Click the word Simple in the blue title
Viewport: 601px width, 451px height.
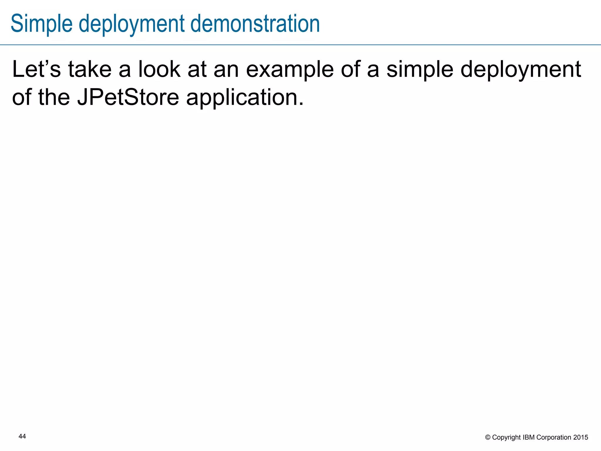[x=41, y=24]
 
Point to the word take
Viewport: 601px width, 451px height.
[x=90, y=69]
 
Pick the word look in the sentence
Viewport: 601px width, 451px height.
[x=159, y=69]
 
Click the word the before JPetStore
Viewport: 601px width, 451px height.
[x=54, y=97]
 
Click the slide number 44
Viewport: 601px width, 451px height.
[x=22, y=437]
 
